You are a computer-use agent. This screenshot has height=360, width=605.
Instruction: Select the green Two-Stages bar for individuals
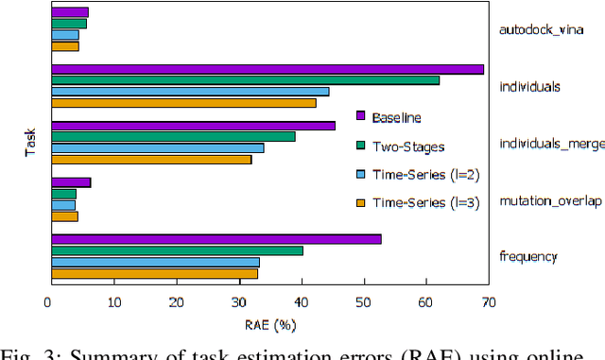[245, 80]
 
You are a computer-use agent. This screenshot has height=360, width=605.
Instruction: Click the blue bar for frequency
[155, 262]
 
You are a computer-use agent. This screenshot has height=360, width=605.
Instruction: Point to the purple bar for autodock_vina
[69, 12]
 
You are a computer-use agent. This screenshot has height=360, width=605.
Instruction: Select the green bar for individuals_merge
[173, 136]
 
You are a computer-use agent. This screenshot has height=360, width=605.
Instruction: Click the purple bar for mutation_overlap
[71, 182]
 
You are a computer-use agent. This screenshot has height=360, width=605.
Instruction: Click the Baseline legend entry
[396, 117]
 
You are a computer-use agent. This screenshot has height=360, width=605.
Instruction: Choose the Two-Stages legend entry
[406, 146]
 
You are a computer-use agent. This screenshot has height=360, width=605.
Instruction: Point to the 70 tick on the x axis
[489, 302]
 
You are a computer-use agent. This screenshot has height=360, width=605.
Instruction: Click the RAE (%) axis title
[268, 326]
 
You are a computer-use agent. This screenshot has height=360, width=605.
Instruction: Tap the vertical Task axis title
[30, 142]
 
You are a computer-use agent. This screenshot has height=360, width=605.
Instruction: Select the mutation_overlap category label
[549, 200]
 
